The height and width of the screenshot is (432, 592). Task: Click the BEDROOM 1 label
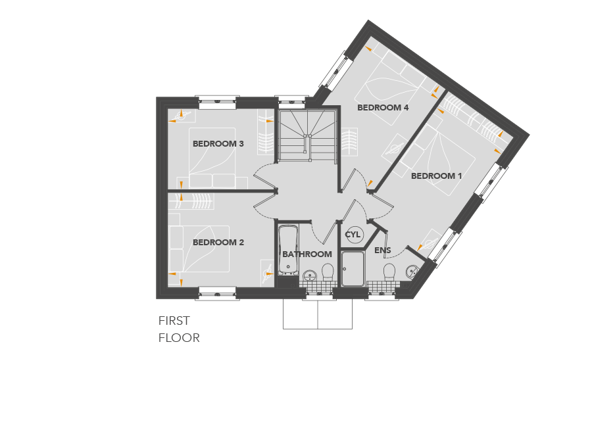pyautogui.click(x=436, y=176)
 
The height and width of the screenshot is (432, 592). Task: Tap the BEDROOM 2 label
pyautogui.click(x=218, y=242)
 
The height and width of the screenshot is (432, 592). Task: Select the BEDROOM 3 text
pyautogui.click(x=218, y=144)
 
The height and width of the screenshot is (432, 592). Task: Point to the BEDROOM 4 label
pyautogui.click(x=383, y=108)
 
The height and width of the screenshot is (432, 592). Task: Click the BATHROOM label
pyautogui.click(x=307, y=254)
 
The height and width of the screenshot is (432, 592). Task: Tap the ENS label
pyautogui.click(x=382, y=250)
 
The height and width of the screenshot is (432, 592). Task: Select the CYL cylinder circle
pyautogui.click(x=353, y=235)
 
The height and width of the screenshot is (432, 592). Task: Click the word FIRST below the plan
pyautogui.click(x=174, y=321)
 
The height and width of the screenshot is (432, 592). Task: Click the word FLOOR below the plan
pyautogui.click(x=179, y=338)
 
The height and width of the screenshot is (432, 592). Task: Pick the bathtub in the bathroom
pyautogui.click(x=288, y=250)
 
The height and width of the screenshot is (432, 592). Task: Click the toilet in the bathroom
pyautogui.click(x=328, y=272)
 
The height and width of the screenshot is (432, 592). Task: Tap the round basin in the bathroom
pyautogui.click(x=310, y=276)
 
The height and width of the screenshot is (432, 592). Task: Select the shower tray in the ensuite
pyautogui.click(x=353, y=269)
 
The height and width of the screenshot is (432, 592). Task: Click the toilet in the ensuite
pyautogui.click(x=389, y=272)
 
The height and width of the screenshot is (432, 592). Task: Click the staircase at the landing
pyautogui.click(x=307, y=136)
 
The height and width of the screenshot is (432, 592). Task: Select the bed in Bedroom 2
pyautogui.click(x=199, y=249)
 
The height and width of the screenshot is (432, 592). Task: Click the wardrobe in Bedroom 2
pyautogui.click(x=191, y=201)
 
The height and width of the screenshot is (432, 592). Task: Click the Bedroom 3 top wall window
pyautogui.click(x=217, y=102)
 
